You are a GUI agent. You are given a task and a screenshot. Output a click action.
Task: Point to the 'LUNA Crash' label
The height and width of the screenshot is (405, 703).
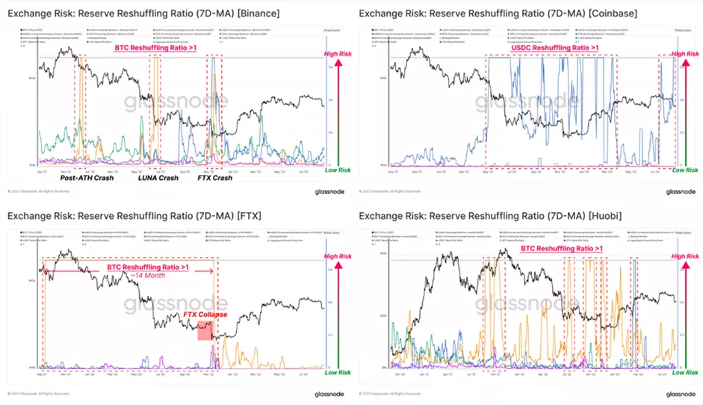(x=158, y=178)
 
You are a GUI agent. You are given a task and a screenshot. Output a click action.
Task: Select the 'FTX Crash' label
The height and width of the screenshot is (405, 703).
(x=214, y=178)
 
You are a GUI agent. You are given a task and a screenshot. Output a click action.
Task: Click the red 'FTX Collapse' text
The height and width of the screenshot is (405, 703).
(x=205, y=315)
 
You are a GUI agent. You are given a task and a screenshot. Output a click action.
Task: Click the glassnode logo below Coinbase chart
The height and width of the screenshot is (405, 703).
(x=681, y=191)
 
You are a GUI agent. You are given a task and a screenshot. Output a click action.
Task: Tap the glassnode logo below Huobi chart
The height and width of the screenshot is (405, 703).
(x=681, y=394)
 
